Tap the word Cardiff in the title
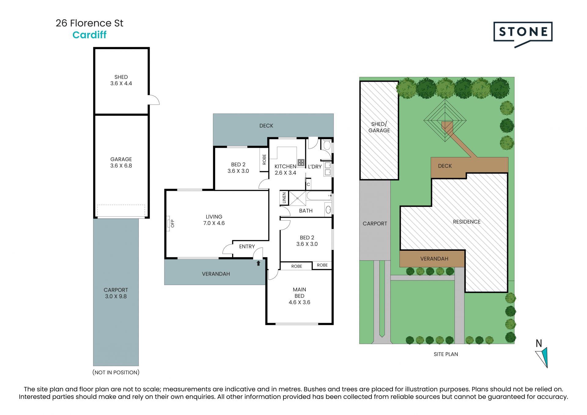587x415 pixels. pyautogui.click(x=89, y=35)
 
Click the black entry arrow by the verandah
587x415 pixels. pyautogui.click(x=258, y=263)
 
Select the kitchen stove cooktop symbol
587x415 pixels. pyautogui.click(x=301, y=162)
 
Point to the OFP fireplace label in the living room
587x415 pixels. pyautogui.click(x=172, y=223)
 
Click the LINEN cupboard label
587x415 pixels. pyautogui.click(x=284, y=198)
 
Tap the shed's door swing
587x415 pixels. pyautogui.click(x=154, y=100)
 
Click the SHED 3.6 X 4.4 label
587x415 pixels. pyautogui.click(x=121, y=80)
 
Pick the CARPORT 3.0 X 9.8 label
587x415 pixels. pyautogui.click(x=116, y=293)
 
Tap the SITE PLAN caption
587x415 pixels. pyautogui.click(x=446, y=354)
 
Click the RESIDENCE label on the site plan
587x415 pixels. pyautogui.click(x=467, y=222)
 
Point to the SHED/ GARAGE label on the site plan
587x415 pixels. pyautogui.click(x=379, y=127)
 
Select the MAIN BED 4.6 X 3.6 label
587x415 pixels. pyautogui.click(x=299, y=296)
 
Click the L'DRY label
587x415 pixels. pyautogui.click(x=315, y=167)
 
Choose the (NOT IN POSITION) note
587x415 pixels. pyautogui.click(x=116, y=372)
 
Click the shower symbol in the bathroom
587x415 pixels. pyautogui.click(x=297, y=198)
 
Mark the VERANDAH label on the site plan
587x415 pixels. pyautogui.click(x=434, y=259)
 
